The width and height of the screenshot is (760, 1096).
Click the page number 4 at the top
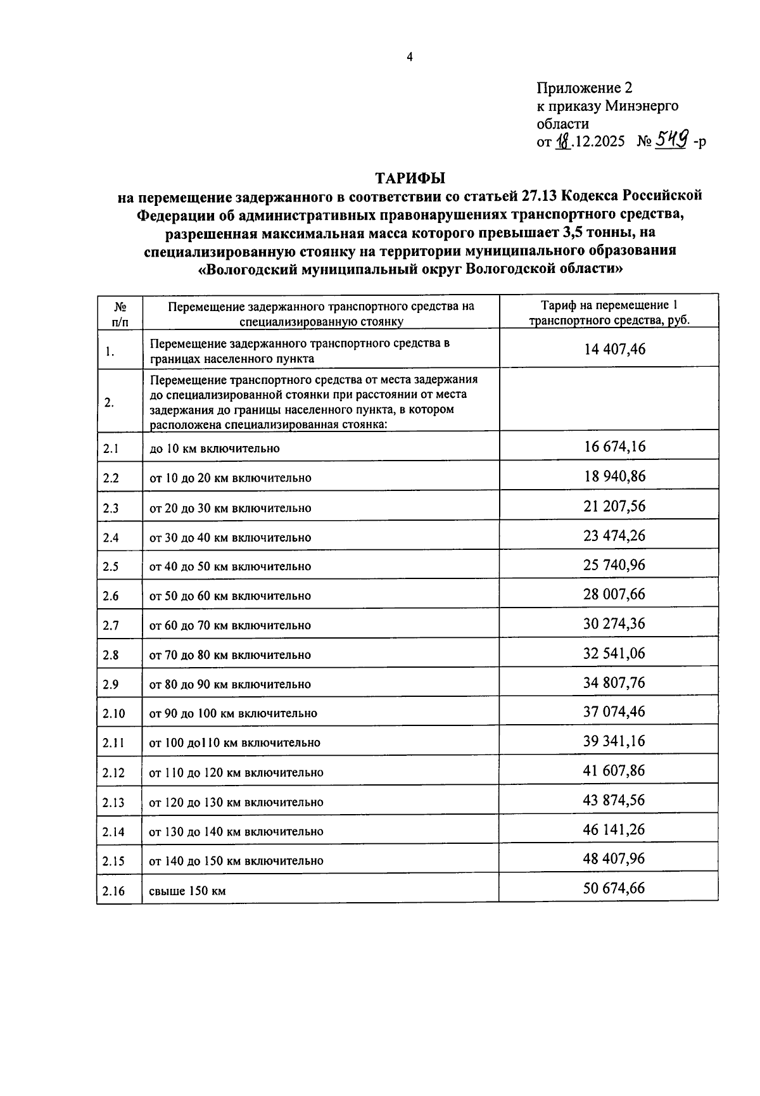coord(410,58)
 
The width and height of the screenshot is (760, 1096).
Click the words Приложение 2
coord(584,88)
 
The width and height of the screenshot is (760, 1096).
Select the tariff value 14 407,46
coord(614,349)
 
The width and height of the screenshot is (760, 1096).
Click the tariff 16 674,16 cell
coord(614,447)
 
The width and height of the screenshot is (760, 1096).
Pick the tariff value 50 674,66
coord(614,888)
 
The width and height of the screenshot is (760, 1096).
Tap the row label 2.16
coord(114,891)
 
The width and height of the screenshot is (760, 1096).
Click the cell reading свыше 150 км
coord(187,891)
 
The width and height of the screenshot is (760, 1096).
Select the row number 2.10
coord(114,714)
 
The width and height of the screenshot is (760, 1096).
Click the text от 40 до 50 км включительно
coord(230,566)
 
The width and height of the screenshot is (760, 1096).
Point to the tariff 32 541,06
coord(614,653)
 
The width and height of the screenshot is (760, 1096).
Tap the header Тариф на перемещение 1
coord(609,305)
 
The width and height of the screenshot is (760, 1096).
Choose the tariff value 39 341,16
coord(614,741)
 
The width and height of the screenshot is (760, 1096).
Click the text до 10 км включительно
coord(214,449)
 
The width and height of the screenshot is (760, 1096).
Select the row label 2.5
coord(111,566)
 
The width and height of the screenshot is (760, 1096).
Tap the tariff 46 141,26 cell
coord(614,829)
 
